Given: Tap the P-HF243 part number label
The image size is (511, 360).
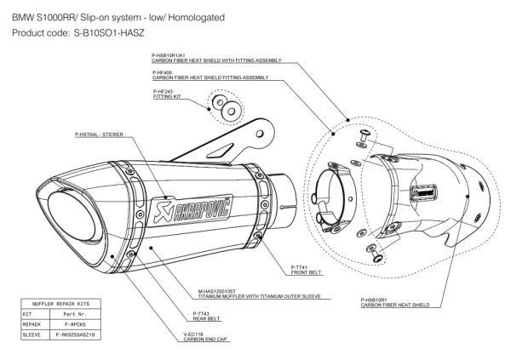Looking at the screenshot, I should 164,91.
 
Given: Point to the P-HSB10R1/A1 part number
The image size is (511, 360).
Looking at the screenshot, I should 171,55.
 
